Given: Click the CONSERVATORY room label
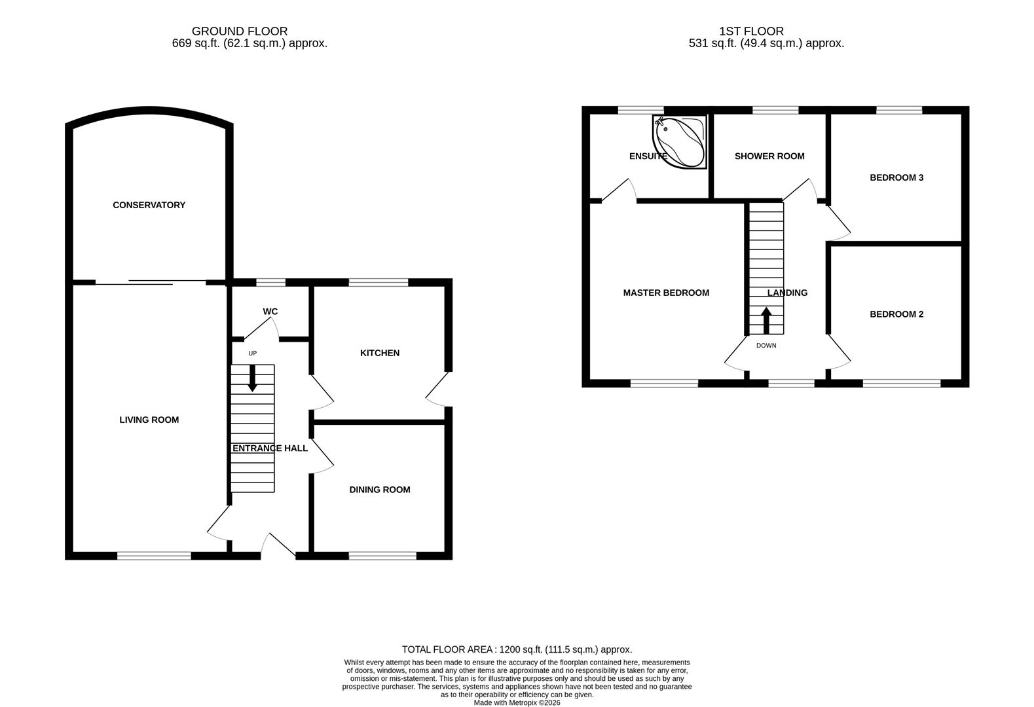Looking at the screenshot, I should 149,205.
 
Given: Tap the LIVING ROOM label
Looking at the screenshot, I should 149,420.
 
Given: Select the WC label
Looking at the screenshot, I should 270,312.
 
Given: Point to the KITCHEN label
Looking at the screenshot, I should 379,353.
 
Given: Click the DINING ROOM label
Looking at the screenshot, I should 379,490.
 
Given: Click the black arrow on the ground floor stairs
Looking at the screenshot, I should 252,379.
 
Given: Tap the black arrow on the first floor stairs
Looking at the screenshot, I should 766,320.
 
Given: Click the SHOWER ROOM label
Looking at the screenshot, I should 769,156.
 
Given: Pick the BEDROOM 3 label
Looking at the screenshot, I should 896,177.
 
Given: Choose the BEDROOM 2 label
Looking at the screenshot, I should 896,314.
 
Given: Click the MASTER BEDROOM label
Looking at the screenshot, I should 665,293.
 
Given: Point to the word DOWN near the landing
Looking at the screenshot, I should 766,346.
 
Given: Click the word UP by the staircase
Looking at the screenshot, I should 252,353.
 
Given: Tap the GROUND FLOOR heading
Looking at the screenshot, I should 239,31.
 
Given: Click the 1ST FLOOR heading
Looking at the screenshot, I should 750,31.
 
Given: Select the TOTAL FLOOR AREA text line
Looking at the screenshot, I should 517,649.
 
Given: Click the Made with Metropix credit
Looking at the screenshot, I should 517,702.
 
